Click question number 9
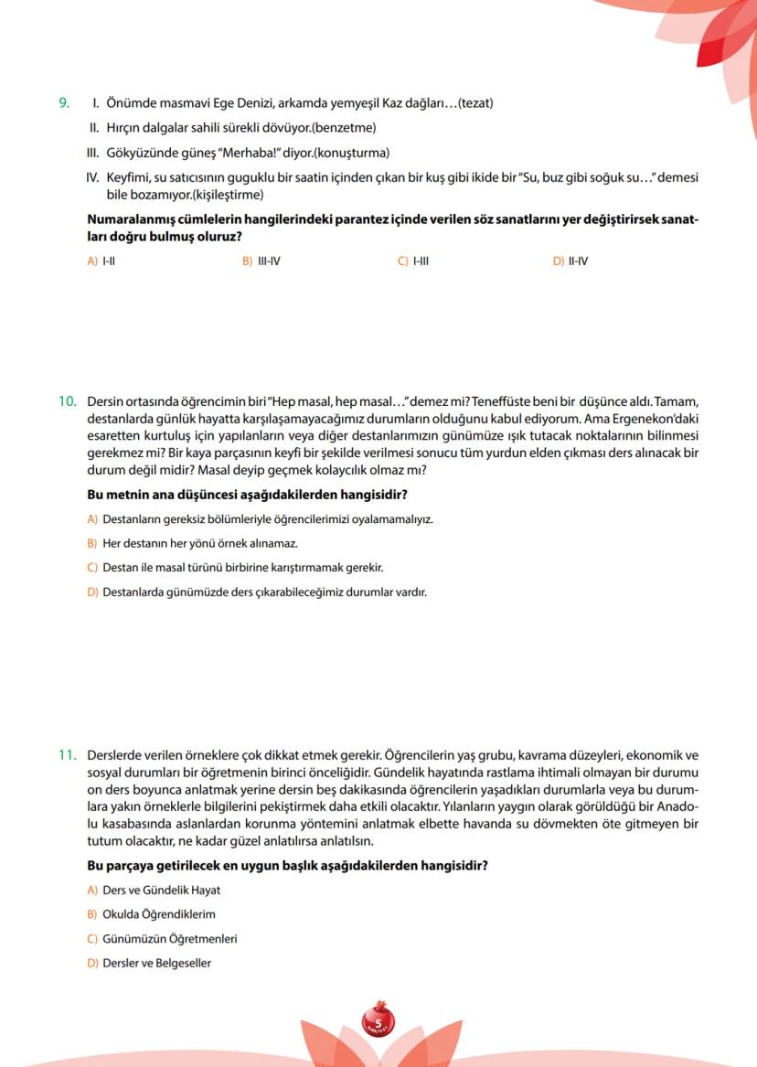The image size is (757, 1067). tap(63, 103)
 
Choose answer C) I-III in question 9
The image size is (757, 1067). tap(413, 261)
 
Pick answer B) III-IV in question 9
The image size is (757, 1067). tap(261, 261)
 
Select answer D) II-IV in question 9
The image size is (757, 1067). tap(570, 261)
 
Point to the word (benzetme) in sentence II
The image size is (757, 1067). tap(344, 128)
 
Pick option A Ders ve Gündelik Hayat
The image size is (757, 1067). tap(154, 890)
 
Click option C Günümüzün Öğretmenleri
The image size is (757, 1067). tap(162, 939)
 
